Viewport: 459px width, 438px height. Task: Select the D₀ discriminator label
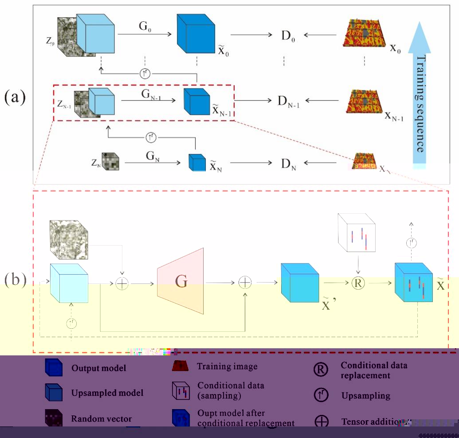(x=288, y=35)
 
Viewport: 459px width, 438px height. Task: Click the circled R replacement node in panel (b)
(x=357, y=283)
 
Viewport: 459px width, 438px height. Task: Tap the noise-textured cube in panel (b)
(x=69, y=239)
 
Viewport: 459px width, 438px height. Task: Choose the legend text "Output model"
(x=98, y=368)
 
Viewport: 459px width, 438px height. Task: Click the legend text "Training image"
(x=227, y=367)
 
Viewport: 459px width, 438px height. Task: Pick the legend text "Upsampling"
(x=366, y=395)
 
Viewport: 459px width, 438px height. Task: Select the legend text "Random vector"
(x=101, y=419)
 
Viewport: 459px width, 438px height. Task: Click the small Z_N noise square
(x=110, y=162)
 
